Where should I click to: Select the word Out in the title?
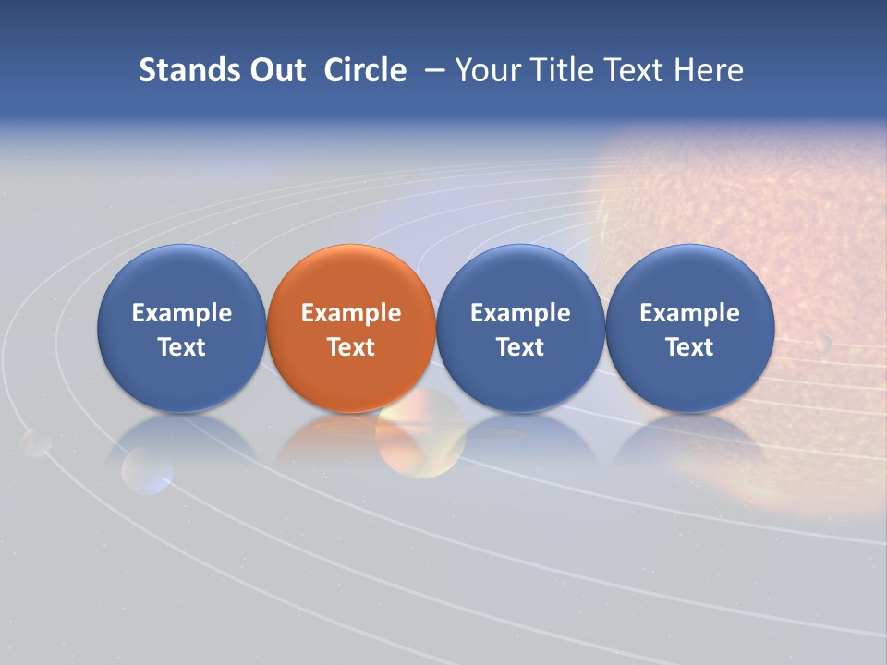point(276,70)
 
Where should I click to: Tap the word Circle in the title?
point(365,70)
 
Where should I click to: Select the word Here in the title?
point(710,70)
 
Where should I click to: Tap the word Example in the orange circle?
point(351,313)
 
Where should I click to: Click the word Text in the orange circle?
point(351,347)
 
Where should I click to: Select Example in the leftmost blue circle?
point(182,313)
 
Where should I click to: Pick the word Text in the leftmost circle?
point(182,347)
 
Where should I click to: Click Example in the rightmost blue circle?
point(689,313)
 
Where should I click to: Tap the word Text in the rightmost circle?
point(689,347)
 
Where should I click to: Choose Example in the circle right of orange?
point(520,313)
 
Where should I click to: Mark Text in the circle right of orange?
point(520,347)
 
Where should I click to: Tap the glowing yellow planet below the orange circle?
point(420,434)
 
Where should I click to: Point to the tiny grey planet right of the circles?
point(823,344)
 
